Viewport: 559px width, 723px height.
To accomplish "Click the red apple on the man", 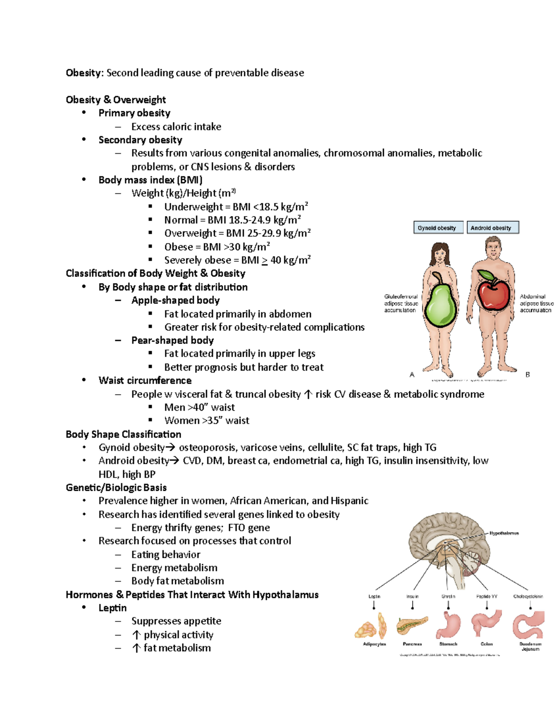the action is pos(494,293).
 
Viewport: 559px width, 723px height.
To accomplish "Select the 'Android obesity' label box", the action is pos(492,228).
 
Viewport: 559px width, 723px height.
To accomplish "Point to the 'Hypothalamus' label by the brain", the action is pos(504,533).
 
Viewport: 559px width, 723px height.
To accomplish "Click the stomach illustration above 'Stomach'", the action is pos(448,625).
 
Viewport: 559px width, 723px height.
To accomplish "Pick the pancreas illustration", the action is pos(412,625).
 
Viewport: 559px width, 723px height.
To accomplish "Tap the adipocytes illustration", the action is pos(373,627).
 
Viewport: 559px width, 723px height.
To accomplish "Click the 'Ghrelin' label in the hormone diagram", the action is pos(448,596).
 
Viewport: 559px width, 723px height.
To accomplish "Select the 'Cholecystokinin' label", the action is pos(528,596).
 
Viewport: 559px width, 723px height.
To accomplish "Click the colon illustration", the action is pos(486,624).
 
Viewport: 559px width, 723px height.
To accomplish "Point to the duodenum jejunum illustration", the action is pos(529,626).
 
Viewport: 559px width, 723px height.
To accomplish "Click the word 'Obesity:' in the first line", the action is pos(84,73).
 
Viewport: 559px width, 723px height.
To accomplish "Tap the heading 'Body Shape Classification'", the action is pos(123,434).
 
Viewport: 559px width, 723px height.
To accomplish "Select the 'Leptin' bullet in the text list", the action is pos(112,608).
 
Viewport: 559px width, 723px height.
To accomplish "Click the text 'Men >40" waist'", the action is pos(199,407).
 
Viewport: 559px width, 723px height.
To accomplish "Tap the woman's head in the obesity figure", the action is pos(439,254).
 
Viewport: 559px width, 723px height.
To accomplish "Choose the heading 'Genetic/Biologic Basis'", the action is pos(116,487).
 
